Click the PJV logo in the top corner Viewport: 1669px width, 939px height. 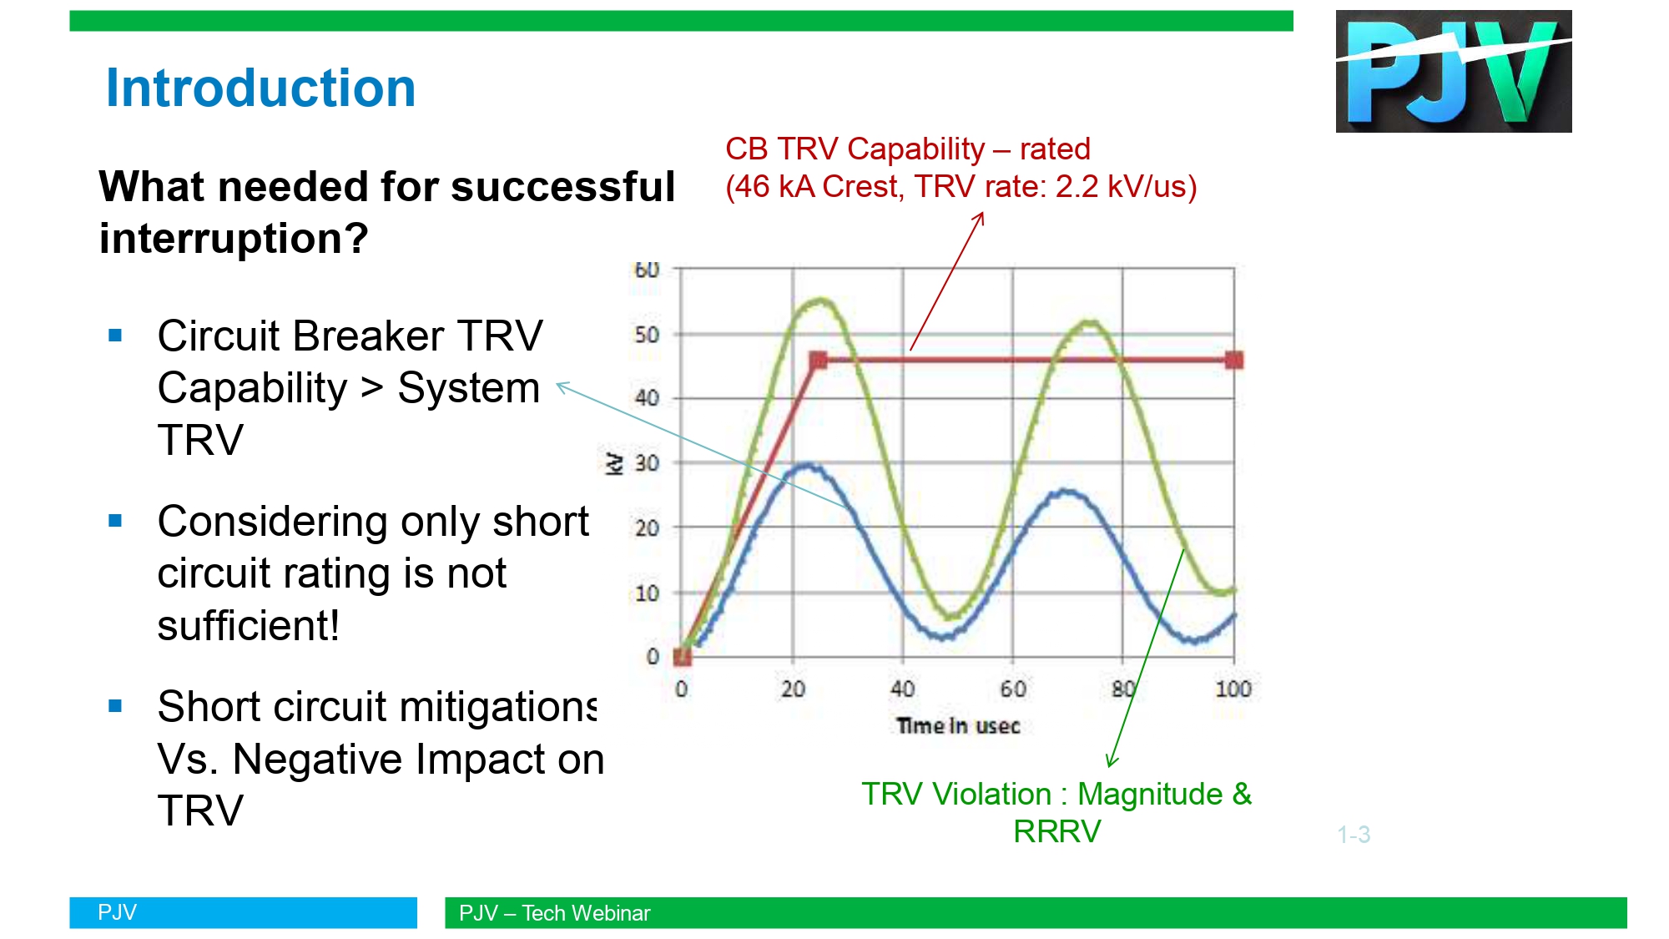[1453, 71]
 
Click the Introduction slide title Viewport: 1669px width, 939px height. [260, 88]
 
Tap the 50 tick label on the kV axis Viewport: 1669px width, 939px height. [647, 335]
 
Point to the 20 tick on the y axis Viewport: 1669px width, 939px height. [647, 528]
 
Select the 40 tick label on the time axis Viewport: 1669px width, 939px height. [902, 689]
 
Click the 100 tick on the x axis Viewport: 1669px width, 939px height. [1233, 689]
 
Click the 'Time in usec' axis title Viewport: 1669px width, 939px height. [958, 726]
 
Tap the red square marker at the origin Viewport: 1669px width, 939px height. [682, 657]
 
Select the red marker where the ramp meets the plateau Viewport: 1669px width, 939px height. [818, 361]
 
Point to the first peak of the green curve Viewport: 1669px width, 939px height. [822, 300]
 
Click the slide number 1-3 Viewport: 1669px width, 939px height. [1354, 834]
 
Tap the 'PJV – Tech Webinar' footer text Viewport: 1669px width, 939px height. [554, 913]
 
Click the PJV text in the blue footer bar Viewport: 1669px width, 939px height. [117, 912]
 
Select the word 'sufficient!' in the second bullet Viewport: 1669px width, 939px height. [248, 625]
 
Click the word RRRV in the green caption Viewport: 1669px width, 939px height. [1057, 831]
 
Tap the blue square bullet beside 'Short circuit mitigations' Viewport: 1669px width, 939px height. [115, 706]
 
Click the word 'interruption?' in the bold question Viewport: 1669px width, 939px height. [234, 239]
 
